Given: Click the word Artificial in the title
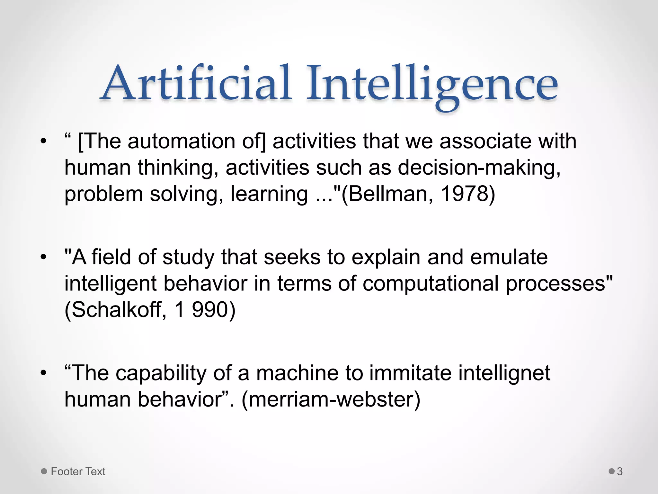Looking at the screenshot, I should click(x=197, y=83).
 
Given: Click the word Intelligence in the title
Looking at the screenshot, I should click(x=432, y=84).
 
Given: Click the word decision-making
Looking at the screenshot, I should click(x=479, y=168).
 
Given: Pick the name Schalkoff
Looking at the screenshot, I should click(x=116, y=310).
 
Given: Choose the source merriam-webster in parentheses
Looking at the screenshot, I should click(x=331, y=399).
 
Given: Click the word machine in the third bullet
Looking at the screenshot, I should click(x=298, y=373).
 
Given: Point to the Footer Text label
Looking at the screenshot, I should click(x=78, y=471).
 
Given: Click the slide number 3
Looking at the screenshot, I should click(x=620, y=471).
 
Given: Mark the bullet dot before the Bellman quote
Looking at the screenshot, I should click(x=44, y=142).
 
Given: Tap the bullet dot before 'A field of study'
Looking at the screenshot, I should click(x=44, y=257).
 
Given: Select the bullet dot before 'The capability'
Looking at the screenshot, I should click(x=44, y=373).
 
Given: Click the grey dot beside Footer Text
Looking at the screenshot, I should click(x=44, y=471).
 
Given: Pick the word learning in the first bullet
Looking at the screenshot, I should click(x=269, y=194).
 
